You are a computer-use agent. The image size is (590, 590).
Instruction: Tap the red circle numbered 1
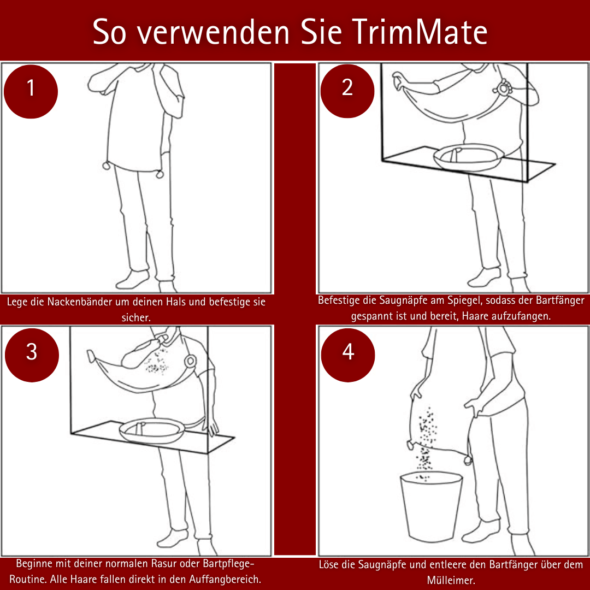click(31, 88)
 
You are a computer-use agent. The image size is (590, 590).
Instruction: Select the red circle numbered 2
click(347, 88)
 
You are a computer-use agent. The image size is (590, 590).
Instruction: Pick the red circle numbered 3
click(32, 352)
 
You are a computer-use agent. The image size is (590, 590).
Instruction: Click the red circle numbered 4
click(348, 352)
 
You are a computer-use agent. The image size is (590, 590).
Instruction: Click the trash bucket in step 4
click(431, 505)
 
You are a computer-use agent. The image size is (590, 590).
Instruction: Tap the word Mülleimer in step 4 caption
click(451, 580)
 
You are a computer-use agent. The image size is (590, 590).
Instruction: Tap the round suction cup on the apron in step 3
click(191, 361)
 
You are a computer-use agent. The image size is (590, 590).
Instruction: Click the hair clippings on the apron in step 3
click(158, 363)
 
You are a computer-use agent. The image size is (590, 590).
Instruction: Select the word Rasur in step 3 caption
click(156, 564)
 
